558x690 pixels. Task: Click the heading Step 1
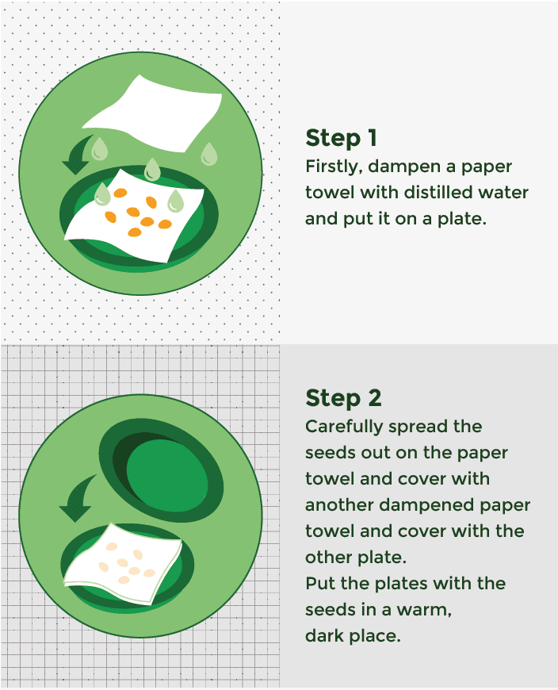tap(341, 138)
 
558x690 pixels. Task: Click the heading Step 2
tap(343, 398)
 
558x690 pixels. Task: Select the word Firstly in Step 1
tap(334, 167)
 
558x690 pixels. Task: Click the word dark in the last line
tap(324, 636)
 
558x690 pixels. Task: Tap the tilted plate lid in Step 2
tap(161, 470)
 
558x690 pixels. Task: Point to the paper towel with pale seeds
tap(123, 563)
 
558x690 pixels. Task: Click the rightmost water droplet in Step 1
tap(209, 154)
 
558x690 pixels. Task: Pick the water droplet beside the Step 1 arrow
tap(99, 149)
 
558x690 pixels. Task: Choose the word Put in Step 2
tap(319, 584)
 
